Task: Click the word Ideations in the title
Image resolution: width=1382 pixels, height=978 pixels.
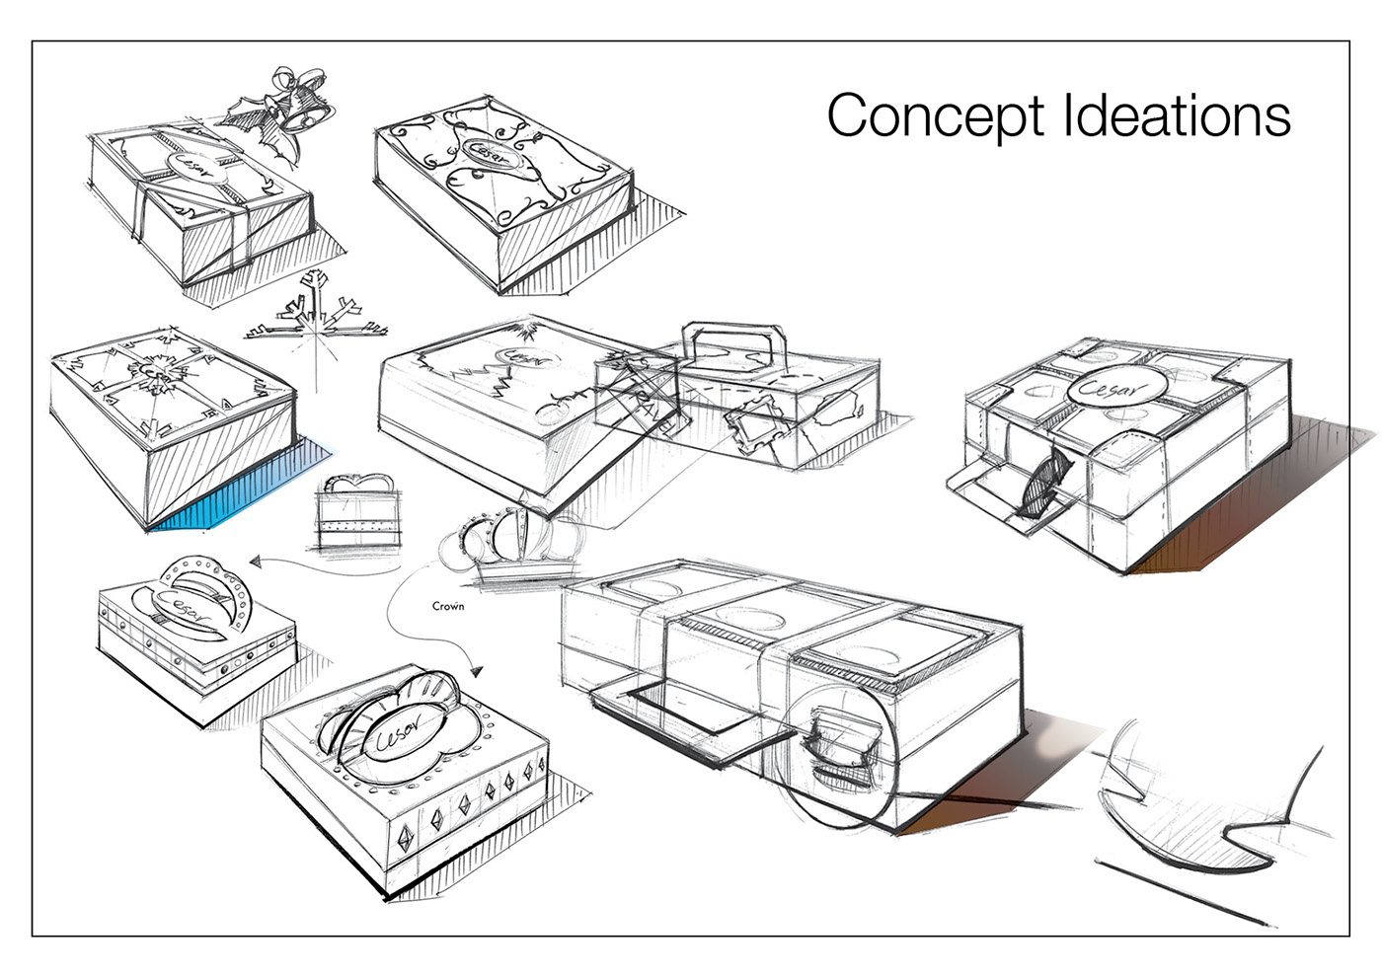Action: tap(1177, 115)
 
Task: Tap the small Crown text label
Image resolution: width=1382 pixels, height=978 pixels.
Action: tap(448, 606)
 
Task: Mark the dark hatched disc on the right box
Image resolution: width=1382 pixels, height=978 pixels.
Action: tap(1044, 481)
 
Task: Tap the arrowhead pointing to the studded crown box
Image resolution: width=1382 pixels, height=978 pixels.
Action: tap(255, 562)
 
